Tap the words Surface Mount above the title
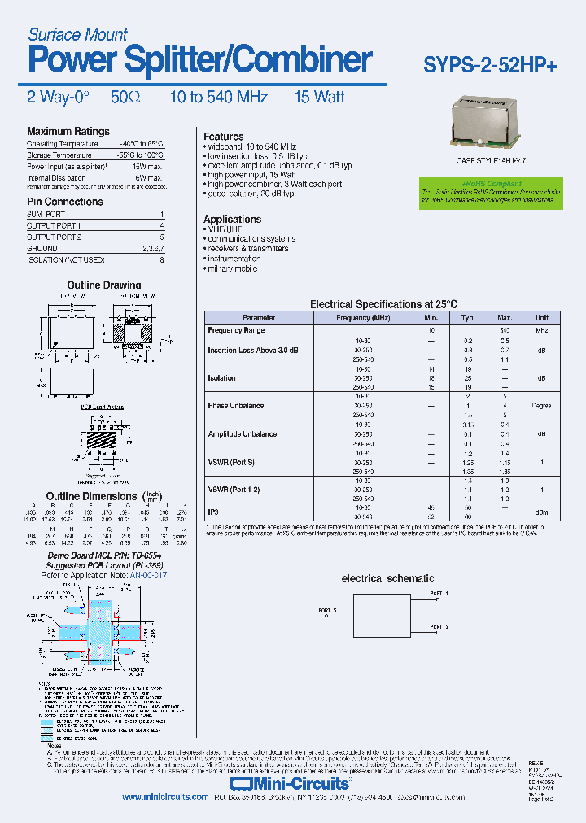[77, 34]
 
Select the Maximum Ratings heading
[68, 132]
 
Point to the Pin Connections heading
[65, 202]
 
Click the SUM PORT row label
[46, 214]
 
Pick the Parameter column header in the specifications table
[259, 318]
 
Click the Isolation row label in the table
[221, 378]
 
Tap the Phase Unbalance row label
[236, 406]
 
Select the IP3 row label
[214, 512]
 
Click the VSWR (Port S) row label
[231, 462]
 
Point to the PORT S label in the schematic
[327, 610]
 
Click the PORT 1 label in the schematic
[440, 594]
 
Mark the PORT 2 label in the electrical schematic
[440, 627]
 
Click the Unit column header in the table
[541, 318]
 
